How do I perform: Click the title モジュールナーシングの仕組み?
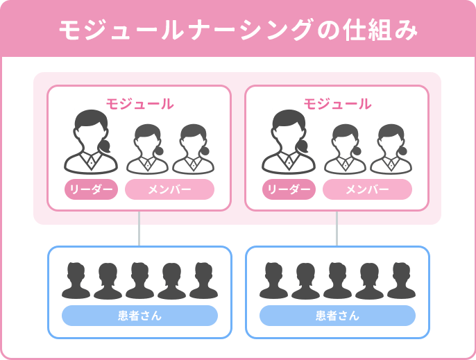point(238,29)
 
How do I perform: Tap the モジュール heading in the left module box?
point(139,104)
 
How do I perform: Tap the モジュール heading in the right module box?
point(337,104)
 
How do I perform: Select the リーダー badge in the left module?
point(92,189)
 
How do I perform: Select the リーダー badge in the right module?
point(289,189)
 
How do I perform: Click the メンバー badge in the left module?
point(169,189)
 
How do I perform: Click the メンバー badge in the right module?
point(367,189)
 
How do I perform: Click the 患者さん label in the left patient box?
point(139,316)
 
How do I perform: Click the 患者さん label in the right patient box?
point(337,316)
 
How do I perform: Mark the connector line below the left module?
point(139,228)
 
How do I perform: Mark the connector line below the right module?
point(337,228)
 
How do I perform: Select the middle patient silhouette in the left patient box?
point(139,280)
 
